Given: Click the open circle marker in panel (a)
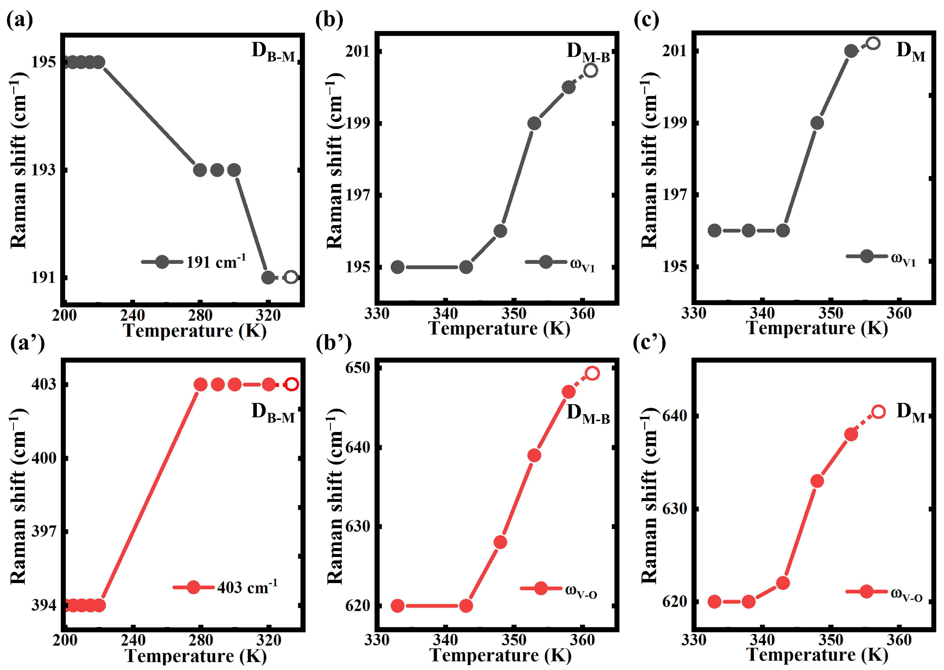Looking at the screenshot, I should pyautogui.click(x=291, y=277).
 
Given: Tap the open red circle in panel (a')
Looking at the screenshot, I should pyautogui.click(x=292, y=384).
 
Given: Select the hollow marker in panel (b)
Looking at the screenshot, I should pyautogui.click(x=591, y=70).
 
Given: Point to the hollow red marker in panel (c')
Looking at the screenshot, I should pyautogui.click(x=879, y=412).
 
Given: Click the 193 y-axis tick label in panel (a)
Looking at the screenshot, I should pyautogui.click(x=44, y=170).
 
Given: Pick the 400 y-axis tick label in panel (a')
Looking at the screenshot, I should pyautogui.click(x=44, y=457).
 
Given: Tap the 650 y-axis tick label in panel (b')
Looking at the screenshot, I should pyautogui.click(x=358, y=367).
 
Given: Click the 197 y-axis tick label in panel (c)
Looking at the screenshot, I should pyautogui.click(x=675, y=194).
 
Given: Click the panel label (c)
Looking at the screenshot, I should pyautogui.click(x=646, y=20).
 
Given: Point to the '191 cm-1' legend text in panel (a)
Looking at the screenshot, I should pyautogui.click(x=216, y=261).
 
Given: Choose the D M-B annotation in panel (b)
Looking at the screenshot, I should pyautogui.click(x=588, y=53).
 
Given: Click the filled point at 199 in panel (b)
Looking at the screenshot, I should pyautogui.click(x=534, y=123).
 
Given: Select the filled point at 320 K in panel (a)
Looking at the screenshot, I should pyautogui.click(x=268, y=277).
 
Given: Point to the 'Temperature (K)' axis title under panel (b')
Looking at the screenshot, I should pyautogui.click(x=500, y=655).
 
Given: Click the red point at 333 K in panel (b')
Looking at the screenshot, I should pyautogui.click(x=397, y=606).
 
